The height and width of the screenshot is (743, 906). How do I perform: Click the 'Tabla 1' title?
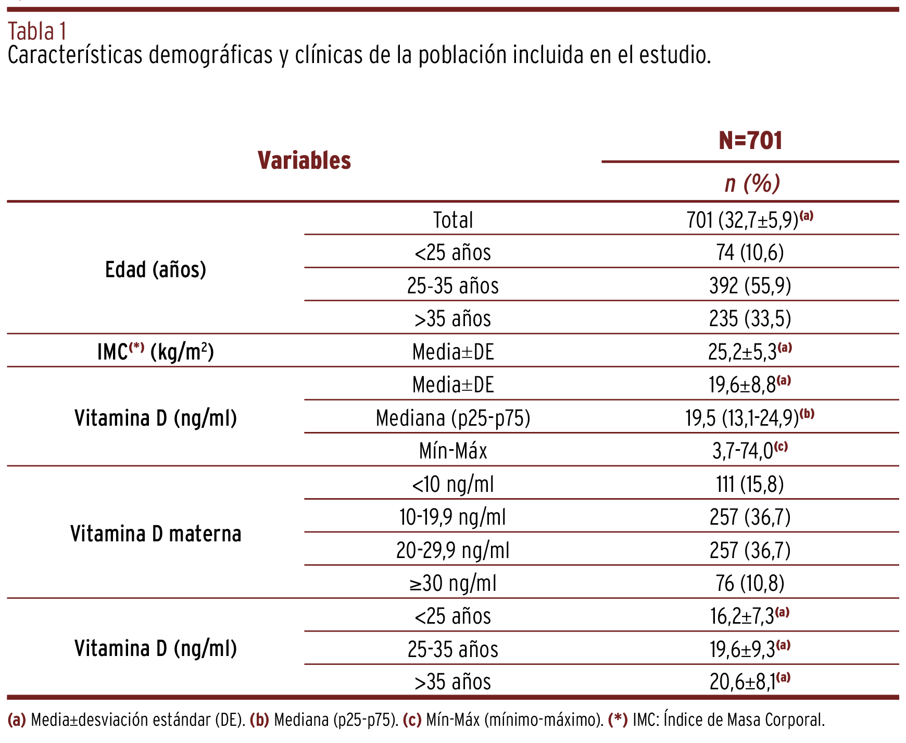coord(37,32)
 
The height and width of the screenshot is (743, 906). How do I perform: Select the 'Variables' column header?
coord(304,160)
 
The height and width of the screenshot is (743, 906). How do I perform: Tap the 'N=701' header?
coord(750,141)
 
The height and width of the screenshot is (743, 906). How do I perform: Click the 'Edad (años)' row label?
coord(156,270)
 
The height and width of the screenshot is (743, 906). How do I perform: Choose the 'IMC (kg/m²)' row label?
coord(156,352)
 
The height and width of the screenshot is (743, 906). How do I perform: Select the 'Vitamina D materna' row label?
coord(156,534)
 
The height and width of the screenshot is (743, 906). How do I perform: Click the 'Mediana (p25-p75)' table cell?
coord(453,418)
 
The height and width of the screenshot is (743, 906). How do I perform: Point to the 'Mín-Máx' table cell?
coord(453,451)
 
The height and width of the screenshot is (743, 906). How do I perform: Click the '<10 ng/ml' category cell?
coord(453,484)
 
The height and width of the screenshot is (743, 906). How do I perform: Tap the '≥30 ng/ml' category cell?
coord(453,583)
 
